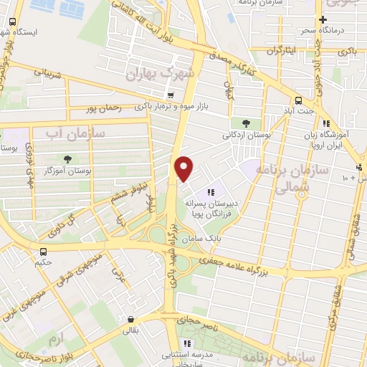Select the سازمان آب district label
[x=75, y=133]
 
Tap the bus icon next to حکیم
[x=44, y=252]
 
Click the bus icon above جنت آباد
[x=298, y=101]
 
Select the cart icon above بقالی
[x=130, y=320]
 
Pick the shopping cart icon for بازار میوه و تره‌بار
[x=170, y=95]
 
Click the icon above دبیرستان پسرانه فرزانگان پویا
[x=210, y=192]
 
